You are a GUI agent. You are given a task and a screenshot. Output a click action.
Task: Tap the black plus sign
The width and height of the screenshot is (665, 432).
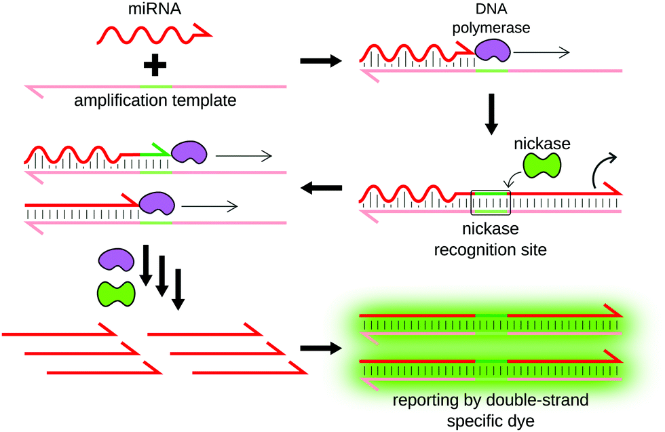155,65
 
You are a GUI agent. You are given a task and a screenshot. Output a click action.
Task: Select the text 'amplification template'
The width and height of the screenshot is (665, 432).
155,102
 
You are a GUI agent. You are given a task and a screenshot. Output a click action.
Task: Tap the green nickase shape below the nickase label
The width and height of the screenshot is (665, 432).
541,165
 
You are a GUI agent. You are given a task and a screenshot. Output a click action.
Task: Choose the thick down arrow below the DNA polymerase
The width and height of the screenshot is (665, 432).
493,116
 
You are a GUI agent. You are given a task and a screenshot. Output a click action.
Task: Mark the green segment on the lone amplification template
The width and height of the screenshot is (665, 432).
155,87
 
